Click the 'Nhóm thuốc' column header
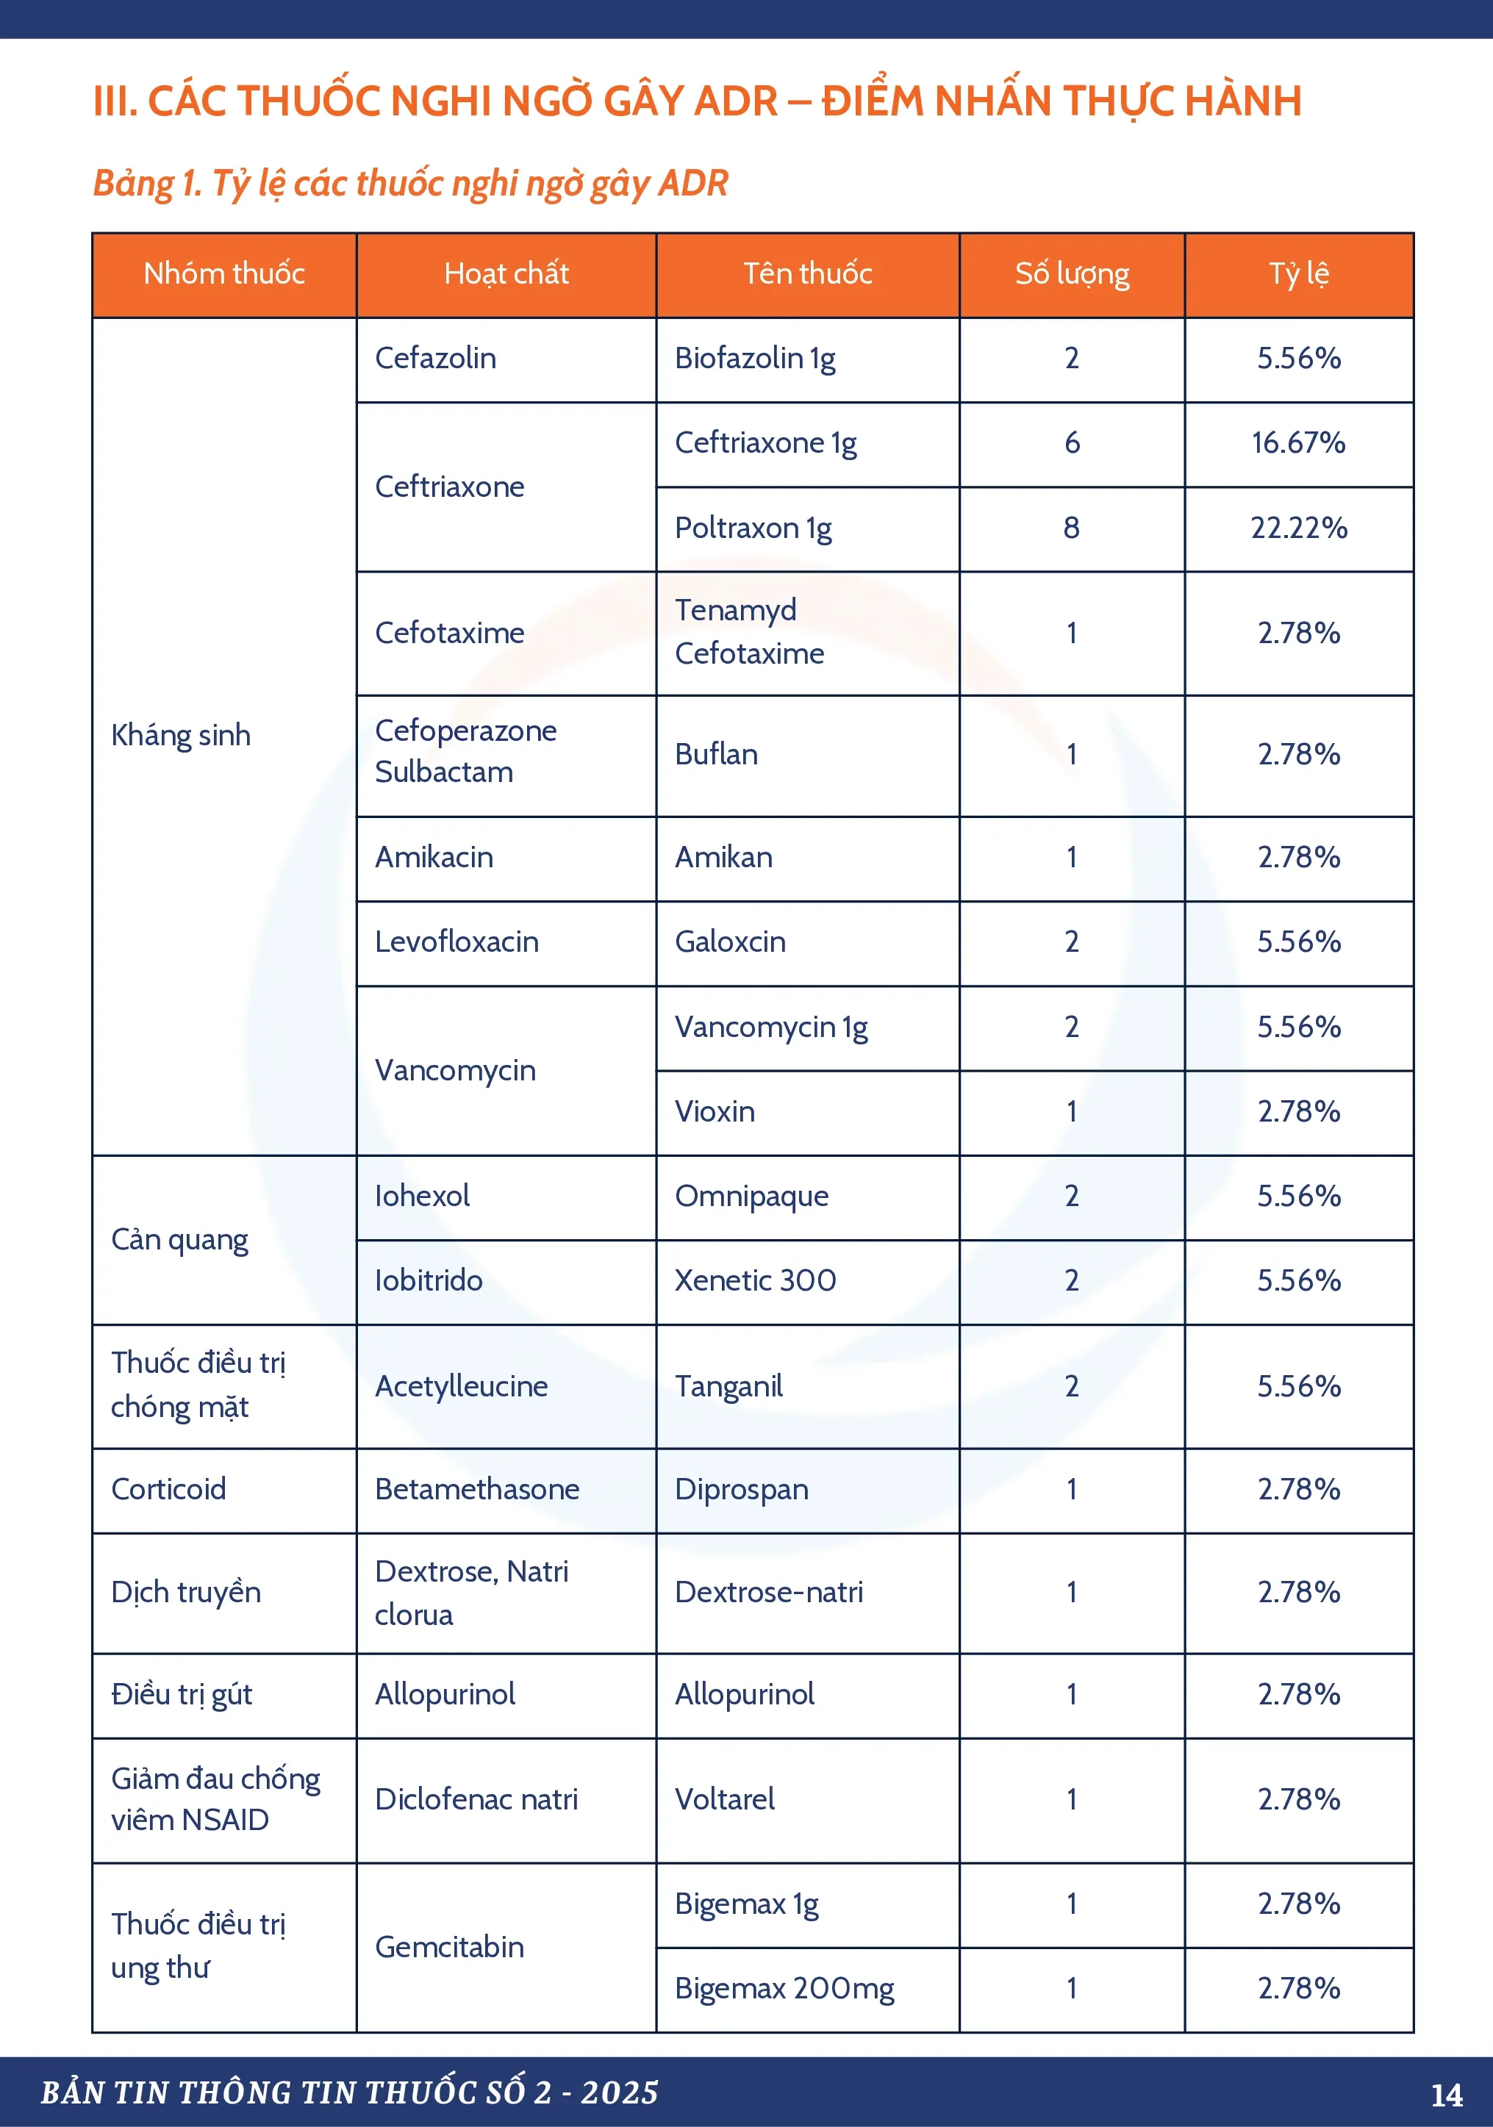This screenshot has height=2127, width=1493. coord(224,273)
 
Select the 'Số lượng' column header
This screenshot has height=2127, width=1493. coord(1073,273)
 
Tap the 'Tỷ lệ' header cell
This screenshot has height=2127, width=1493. coord(1298,273)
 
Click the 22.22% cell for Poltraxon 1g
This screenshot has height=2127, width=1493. coord(1298,528)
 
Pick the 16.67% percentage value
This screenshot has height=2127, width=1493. coord(1298,442)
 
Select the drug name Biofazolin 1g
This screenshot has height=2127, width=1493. coord(754,359)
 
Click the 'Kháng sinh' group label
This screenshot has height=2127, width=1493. coord(181,736)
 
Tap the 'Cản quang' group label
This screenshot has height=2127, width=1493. coord(180,1239)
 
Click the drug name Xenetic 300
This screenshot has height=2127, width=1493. coord(754,1280)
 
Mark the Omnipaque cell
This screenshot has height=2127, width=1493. coord(751,1196)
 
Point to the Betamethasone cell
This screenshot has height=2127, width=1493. coord(476,1489)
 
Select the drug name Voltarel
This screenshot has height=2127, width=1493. coord(725,1799)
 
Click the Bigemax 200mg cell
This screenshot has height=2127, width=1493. coord(784,1988)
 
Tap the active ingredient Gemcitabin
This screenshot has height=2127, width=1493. coord(449,1946)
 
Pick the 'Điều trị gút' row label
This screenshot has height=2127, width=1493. coord(182,1694)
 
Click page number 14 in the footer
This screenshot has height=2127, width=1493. coord(1447,2095)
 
